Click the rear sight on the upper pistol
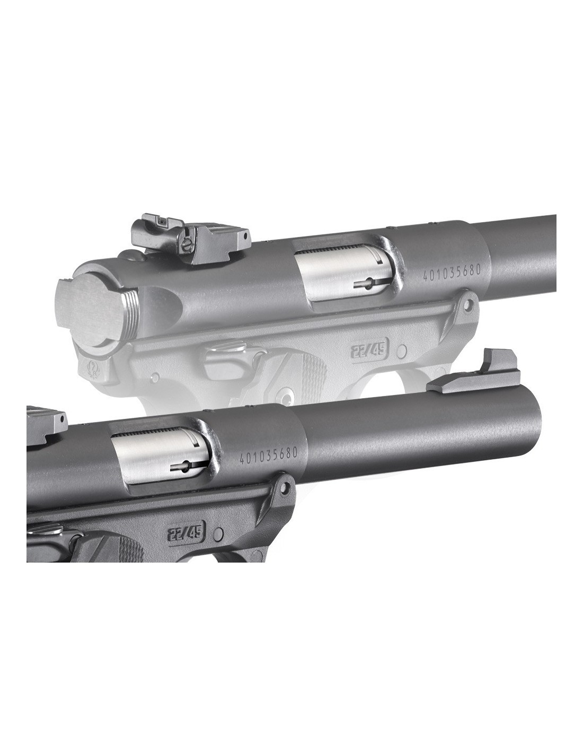[189, 240]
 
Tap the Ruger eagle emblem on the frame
[93, 369]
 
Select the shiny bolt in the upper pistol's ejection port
[342, 276]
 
